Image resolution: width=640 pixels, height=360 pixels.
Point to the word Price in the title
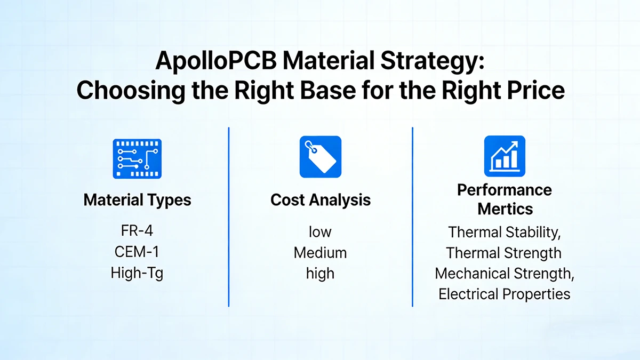click(x=533, y=90)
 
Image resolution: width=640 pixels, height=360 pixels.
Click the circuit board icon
click(x=137, y=158)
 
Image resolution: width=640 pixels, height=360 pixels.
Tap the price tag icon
click(x=320, y=157)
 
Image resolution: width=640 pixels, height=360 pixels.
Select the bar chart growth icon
click(x=504, y=156)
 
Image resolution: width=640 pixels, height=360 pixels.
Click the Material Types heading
click(x=137, y=201)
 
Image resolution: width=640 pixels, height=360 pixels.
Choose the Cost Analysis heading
click(x=320, y=201)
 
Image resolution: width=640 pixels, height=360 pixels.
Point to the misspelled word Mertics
click(x=505, y=209)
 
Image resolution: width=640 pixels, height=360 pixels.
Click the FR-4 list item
click(x=137, y=232)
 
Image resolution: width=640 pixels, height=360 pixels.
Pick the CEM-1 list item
click(x=137, y=252)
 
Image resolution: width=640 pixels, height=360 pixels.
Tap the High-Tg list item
click(x=137, y=273)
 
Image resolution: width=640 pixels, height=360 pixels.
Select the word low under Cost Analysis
click(x=320, y=232)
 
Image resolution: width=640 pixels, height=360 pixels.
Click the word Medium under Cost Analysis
click(x=320, y=252)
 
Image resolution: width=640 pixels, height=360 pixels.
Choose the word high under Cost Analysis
click(x=320, y=273)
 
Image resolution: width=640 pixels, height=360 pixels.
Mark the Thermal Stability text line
click(x=505, y=233)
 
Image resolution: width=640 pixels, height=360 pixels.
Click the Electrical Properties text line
click(x=505, y=294)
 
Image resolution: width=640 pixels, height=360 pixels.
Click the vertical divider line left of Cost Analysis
click(x=229, y=217)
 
